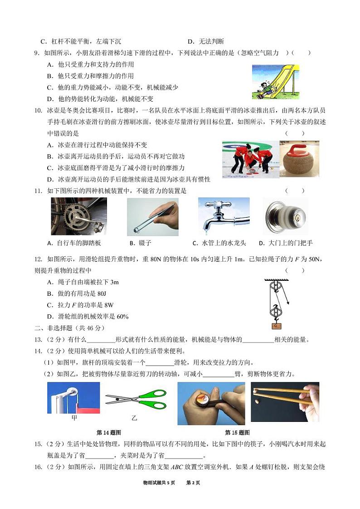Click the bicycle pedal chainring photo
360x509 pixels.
pyautogui.click(x=79, y=216)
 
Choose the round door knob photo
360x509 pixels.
pyautogui.click(x=286, y=217)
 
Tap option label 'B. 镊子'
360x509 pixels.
pyautogui.click(x=139, y=243)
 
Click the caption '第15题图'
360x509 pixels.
pyautogui.click(x=237, y=432)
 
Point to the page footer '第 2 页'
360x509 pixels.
pyautogui.click(x=193, y=482)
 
